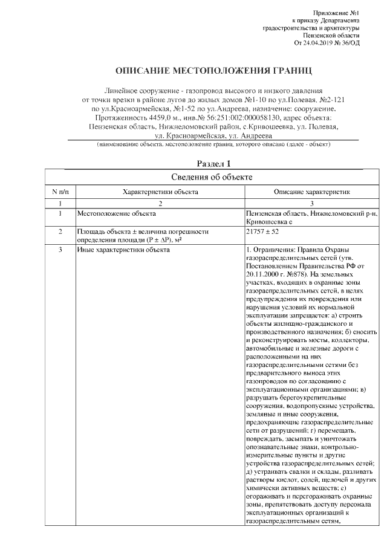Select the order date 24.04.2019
(324, 43)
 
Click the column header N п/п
(60, 192)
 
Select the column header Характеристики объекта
(160, 192)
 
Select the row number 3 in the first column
(60, 249)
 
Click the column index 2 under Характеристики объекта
(160, 204)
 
